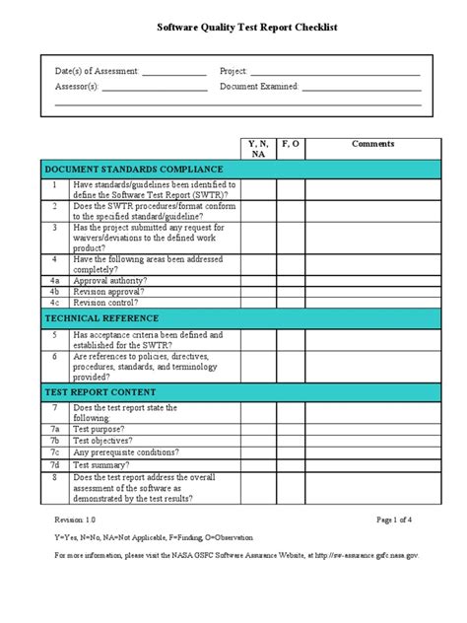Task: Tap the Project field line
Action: (335, 74)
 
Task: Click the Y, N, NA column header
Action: (258, 149)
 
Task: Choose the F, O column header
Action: (291, 144)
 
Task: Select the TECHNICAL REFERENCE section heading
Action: (100, 318)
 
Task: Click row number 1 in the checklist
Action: (55, 184)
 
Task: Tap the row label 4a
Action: (55, 280)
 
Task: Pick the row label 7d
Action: (55, 464)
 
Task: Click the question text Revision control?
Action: (109, 304)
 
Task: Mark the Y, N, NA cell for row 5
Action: (258, 340)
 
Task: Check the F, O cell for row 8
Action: (291, 488)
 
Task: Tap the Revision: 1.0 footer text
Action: (76, 519)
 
